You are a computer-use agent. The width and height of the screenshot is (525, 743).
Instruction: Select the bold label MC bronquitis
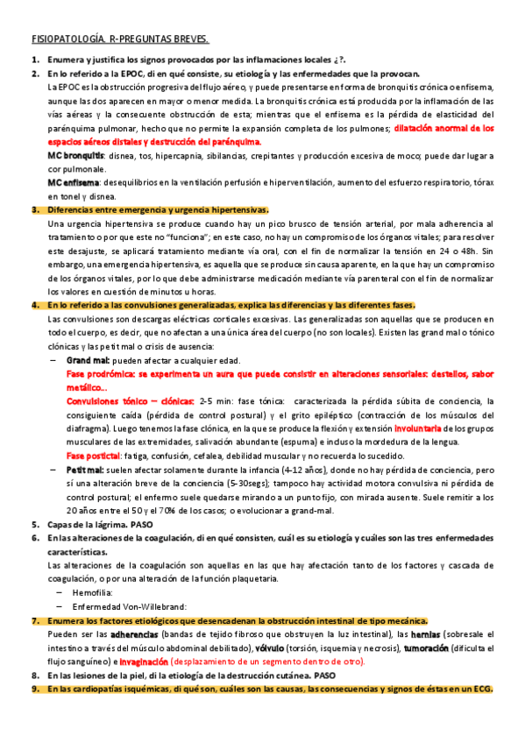click(75, 155)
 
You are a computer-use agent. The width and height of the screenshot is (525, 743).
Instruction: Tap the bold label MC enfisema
click(73, 182)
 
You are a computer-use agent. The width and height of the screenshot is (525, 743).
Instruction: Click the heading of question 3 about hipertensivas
click(158, 210)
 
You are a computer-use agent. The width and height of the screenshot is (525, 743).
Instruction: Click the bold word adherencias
click(135, 633)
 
